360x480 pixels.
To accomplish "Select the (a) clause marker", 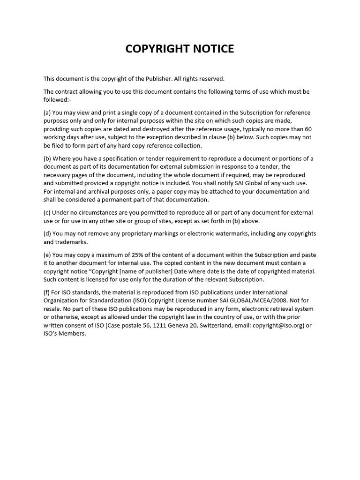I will [x=47, y=112].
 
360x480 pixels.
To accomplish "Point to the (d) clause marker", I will [x=47, y=233].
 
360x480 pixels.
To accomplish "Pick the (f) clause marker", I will [x=47, y=292].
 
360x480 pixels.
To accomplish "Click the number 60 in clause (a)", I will [x=308, y=129].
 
